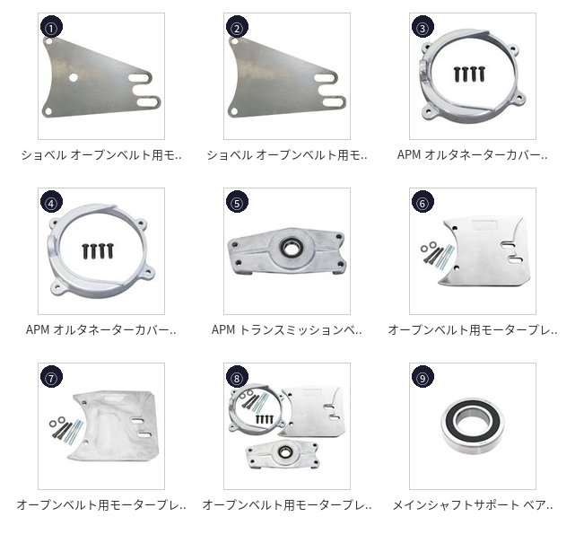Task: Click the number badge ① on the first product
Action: pos(51,27)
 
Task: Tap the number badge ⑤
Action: pos(237,202)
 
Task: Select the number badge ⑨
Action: pos(423,377)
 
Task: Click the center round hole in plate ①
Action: pos(74,77)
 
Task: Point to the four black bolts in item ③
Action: pos(469,74)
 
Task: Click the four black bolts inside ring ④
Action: pos(98,250)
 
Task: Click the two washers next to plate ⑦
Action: pos(57,422)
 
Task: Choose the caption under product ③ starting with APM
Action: pos(473,155)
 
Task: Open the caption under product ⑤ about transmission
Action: pos(287,329)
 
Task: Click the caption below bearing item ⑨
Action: pos(473,505)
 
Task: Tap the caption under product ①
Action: pos(101,155)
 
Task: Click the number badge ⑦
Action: pos(51,377)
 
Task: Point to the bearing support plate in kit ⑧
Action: pos(282,454)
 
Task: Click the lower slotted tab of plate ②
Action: pos(332,102)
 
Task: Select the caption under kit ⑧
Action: pos(287,505)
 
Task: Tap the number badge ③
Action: pos(423,27)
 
